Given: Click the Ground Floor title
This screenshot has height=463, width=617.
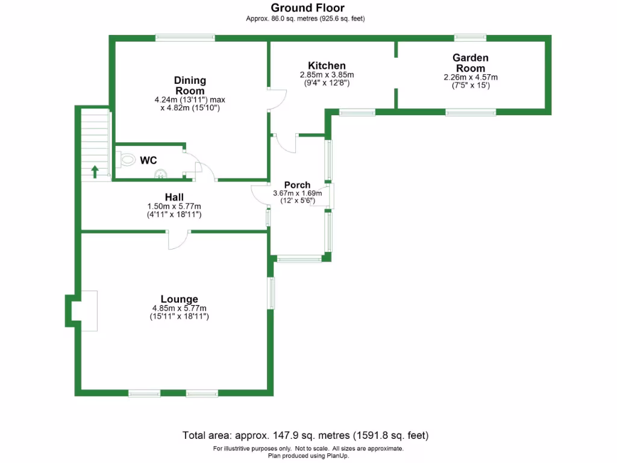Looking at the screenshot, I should [307, 8].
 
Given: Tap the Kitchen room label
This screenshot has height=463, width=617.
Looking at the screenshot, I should [327, 66].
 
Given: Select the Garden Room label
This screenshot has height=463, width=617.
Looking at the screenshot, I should [471, 63].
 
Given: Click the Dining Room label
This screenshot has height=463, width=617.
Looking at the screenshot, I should [190, 85].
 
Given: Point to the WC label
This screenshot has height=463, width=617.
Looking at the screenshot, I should [149, 160].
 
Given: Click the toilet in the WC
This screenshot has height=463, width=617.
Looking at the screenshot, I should [126, 160].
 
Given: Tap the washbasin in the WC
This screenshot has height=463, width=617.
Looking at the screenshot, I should [160, 175].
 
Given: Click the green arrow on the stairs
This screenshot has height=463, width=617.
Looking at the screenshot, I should [95, 171].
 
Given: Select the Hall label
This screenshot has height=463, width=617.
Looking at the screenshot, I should [174, 197].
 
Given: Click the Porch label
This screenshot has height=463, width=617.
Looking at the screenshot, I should [297, 185].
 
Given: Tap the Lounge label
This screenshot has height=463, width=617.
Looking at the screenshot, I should [179, 299].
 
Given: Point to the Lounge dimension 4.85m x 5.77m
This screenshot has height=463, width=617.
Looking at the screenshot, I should [179, 308].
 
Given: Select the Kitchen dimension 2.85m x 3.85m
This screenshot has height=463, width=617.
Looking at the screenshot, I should [327, 75].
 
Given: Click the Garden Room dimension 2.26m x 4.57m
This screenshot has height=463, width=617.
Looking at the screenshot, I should [471, 77].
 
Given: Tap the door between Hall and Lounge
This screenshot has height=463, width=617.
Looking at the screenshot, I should [179, 240].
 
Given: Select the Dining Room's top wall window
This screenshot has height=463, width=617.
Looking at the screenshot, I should [185, 37].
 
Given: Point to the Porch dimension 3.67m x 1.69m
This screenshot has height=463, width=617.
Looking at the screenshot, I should [297, 194].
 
